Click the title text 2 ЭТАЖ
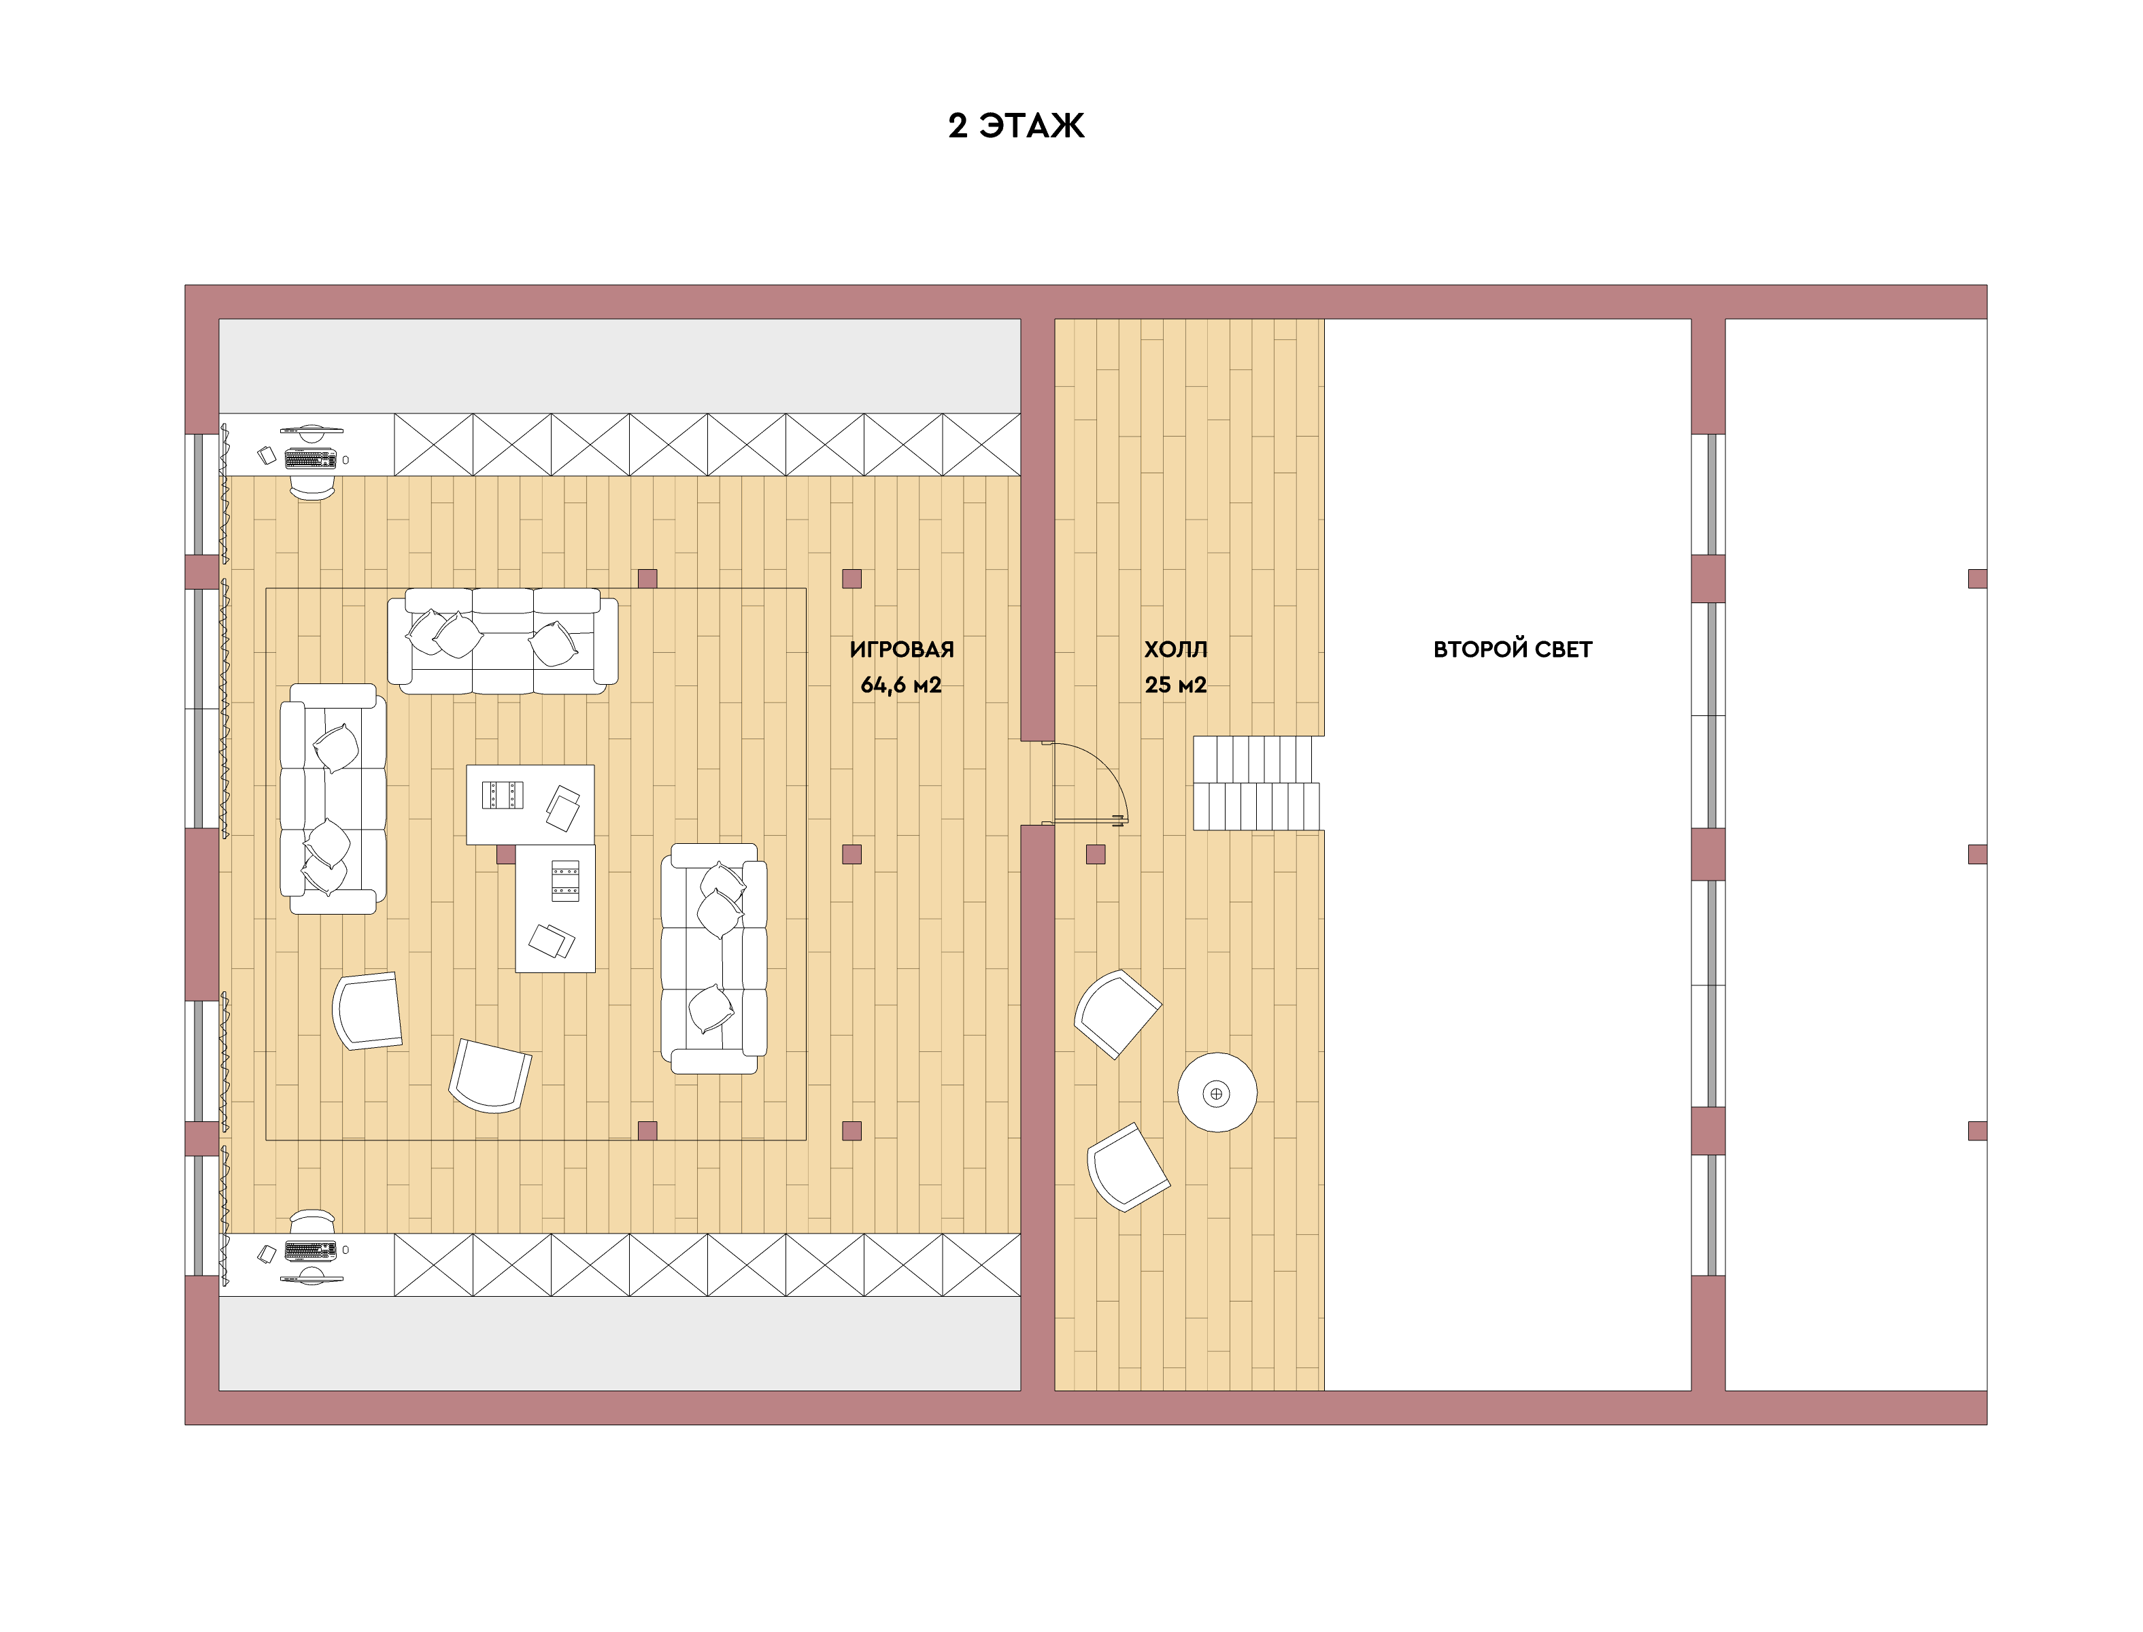tap(1016, 125)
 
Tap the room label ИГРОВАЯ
tap(902, 649)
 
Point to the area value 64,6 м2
tap(900, 685)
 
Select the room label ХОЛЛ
tap(1175, 649)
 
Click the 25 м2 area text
tap(1175, 685)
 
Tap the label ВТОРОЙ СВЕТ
tap(1513, 649)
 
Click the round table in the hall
tap(1217, 1092)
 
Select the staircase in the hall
tap(1257, 783)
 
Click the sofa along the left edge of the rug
tap(333, 798)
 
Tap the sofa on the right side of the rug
tap(714, 958)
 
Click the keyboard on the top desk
tap(311, 458)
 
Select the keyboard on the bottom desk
tap(311, 1251)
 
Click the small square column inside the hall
tap(1096, 855)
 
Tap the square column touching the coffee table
tap(506, 855)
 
